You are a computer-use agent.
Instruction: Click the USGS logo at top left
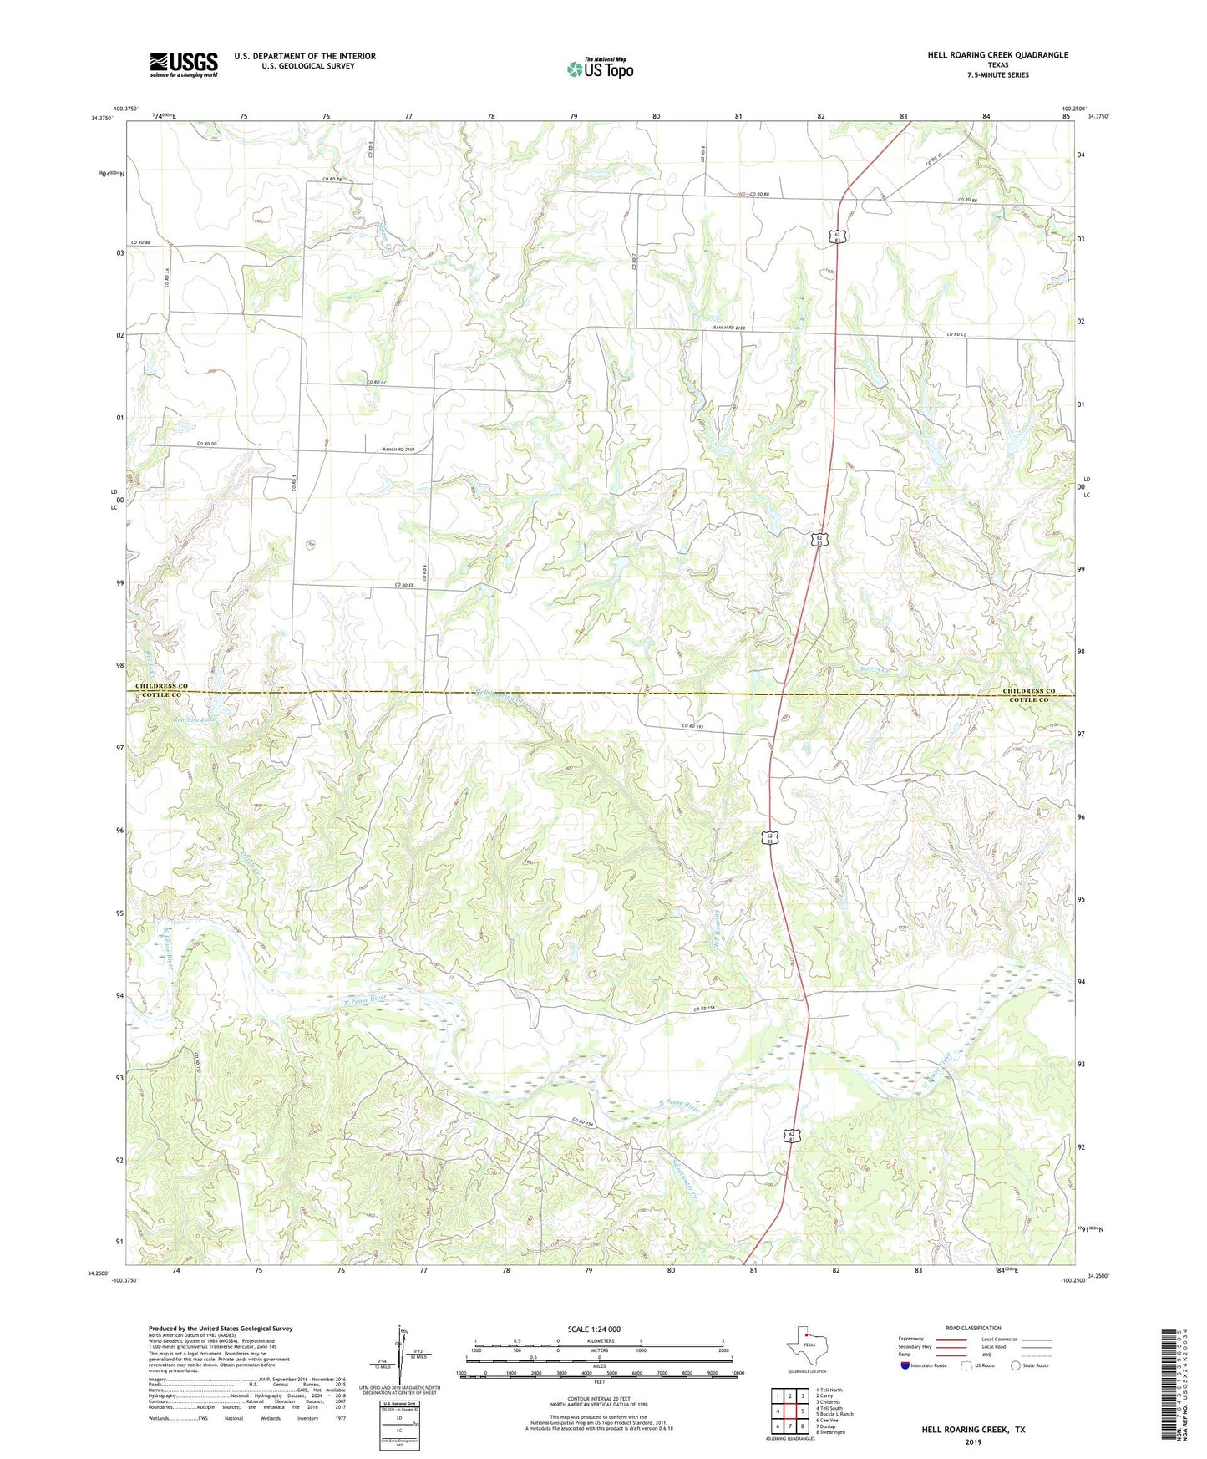point(183,64)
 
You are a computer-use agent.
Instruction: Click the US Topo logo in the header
point(600,69)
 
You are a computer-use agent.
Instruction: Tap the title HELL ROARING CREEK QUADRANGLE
point(997,55)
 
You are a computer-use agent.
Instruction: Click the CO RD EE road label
point(404,585)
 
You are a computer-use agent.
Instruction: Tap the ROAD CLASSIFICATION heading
point(973,1328)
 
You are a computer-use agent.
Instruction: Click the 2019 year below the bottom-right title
point(973,1442)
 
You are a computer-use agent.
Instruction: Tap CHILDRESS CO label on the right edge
point(1029,691)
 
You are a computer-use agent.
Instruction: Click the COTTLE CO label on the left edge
point(160,695)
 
